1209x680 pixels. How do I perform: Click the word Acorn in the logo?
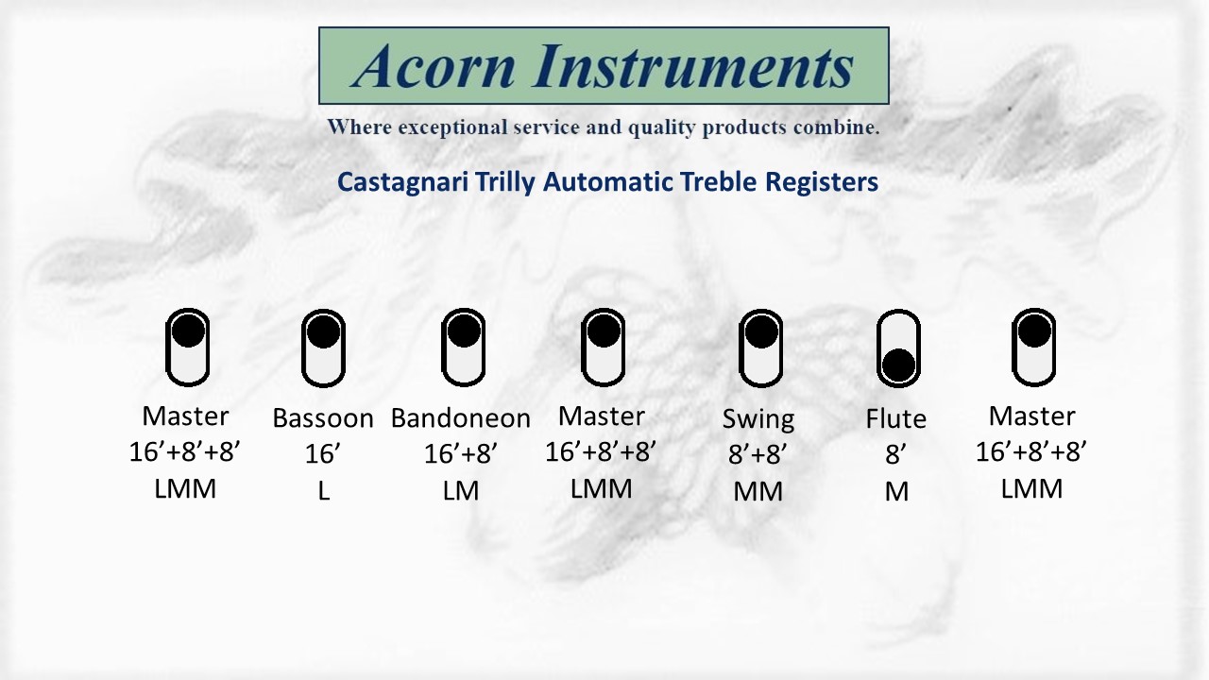(x=434, y=66)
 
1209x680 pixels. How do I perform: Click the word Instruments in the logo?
(x=693, y=66)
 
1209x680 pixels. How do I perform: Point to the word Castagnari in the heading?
(x=402, y=182)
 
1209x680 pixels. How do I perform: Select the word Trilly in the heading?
(x=505, y=182)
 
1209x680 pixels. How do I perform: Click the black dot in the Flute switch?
(x=898, y=365)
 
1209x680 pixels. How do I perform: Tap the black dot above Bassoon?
(x=323, y=331)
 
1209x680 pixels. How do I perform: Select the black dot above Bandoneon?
(x=464, y=331)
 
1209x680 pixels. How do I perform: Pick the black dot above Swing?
(x=761, y=331)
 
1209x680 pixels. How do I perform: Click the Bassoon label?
(x=323, y=418)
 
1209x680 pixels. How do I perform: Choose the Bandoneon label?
(x=461, y=418)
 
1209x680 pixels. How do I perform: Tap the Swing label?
(x=758, y=420)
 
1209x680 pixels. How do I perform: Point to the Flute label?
(x=896, y=418)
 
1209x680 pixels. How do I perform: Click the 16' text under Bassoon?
(x=322, y=453)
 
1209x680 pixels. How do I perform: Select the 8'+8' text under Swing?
(x=758, y=454)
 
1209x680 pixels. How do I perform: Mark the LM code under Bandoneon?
(x=461, y=491)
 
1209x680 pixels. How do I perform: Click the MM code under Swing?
(x=758, y=492)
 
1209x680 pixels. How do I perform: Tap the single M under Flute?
(x=896, y=492)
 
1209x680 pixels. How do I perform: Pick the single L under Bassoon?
(x=324, y=491)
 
